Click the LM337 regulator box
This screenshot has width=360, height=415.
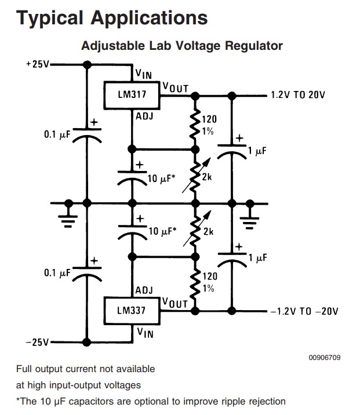(x=131, y=310)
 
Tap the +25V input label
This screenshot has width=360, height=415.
(x=38, y=64)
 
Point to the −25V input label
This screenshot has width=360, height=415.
(x=38, y=342)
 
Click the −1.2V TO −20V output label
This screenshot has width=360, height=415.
(x=304, y=311)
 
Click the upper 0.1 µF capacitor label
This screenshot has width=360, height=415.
(x=56, y=134)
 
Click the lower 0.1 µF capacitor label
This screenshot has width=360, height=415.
(x=56, y=272)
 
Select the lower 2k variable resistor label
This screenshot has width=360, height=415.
(x=208, y=232)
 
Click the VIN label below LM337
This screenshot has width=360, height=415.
(x=144, y=333)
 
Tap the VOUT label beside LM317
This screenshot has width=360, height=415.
(x=175, y=87)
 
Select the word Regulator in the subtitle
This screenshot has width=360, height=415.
(x=250, y=45)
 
